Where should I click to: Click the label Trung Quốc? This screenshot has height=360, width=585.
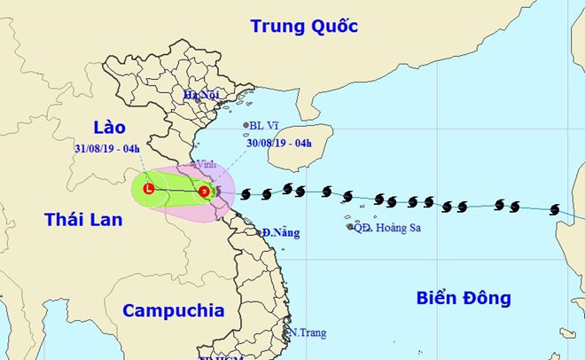click(x=304, y=26)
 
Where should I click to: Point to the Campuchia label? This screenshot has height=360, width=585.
click(x=173, y=310)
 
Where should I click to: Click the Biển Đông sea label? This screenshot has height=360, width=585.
click(x=464, y=299)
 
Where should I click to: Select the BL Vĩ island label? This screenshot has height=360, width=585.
click(x=269, y=126)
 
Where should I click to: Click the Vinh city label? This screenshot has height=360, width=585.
click(x=207, y=164)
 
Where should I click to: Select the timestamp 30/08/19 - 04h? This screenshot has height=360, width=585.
click(x=280, y=144)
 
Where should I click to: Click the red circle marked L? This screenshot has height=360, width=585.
click(x=149, y=189)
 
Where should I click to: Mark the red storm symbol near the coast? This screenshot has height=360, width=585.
click(x=205, y=191)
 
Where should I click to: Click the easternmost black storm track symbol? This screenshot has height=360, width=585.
click(x=555, y=210)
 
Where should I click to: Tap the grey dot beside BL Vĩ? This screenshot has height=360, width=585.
click(x=246, y=126)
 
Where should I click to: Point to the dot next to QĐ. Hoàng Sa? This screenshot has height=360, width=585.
click(x=350, y=227)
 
